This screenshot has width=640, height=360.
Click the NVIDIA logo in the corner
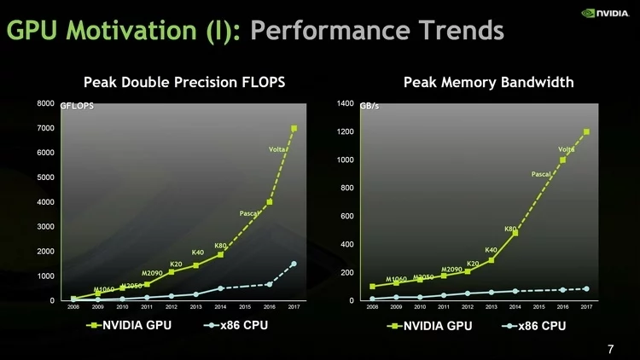tap(606, 13)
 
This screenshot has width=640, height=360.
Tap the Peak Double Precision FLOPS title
tap(183, 82)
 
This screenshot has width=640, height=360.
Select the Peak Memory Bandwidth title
tap(488, 82)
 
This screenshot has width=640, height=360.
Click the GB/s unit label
tap(371, 107)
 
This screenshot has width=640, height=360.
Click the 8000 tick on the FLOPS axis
tap(44, 103)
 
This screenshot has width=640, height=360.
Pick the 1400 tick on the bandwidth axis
tap(345, 103)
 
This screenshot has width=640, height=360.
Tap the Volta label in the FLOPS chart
tap(277, 149)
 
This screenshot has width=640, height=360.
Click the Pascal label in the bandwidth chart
tap(541, 174)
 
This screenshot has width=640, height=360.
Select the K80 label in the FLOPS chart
tap(220, 246)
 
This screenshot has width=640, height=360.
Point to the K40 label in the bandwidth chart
tap(492, 250)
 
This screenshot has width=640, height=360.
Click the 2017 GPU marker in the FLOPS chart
tap(294, 128)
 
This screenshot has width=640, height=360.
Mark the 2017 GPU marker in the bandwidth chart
tap(586, 131)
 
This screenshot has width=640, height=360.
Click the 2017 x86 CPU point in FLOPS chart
tap(294, 264)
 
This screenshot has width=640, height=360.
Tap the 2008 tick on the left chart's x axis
tap(74, 306)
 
